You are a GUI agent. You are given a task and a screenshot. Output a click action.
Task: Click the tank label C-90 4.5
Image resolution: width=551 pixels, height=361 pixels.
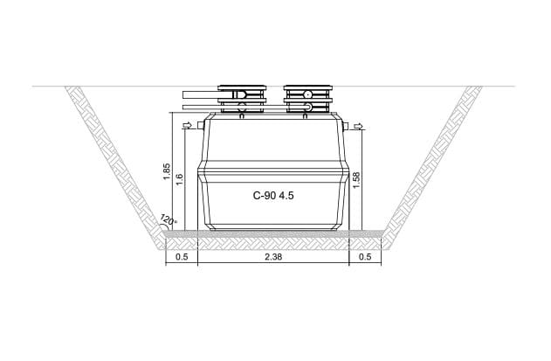[x=273, y=196]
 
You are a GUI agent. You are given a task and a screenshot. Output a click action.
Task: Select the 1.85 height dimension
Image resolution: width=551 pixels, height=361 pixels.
[x=167, y=171]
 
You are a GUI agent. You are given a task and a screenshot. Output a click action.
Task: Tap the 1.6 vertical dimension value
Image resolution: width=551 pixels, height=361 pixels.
[x=179, y=180]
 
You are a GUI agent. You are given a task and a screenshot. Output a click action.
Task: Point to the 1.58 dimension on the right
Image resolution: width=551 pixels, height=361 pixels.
[x=356, y=180]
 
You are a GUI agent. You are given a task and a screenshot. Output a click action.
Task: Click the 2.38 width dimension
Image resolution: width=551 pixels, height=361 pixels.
[x=273, y=257]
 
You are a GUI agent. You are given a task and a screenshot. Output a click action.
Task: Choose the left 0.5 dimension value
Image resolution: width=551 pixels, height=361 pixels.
[x=182, y=257]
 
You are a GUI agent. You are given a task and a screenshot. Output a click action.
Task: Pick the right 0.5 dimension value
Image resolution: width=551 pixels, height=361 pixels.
[x=365, y=257]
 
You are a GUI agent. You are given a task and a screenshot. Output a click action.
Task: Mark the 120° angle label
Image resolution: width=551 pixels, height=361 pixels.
[x=168, y=219]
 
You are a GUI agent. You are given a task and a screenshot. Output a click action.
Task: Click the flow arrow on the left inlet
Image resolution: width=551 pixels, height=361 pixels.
[x=188, y=125]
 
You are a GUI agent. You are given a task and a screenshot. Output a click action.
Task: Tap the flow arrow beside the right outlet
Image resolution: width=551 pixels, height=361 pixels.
[x=358, y=126]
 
